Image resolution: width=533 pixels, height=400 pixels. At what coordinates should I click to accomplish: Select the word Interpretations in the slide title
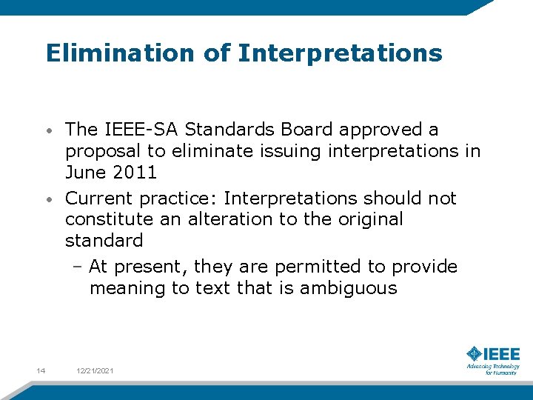click(x=340, y=53)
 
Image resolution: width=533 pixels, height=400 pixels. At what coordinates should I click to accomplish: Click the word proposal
click(x=101, y=152)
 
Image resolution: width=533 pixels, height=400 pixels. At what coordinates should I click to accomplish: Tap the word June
click(x=85, y=173)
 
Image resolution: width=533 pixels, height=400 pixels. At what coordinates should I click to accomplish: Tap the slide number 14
click(x=41, y=370)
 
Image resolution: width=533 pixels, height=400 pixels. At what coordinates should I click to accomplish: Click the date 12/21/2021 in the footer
click(x=95, y=370)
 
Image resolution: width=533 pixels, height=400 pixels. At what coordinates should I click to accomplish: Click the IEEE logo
click(x=493, y=354)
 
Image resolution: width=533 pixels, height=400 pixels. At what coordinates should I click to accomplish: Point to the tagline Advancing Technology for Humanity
click(x=493, y=369)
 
